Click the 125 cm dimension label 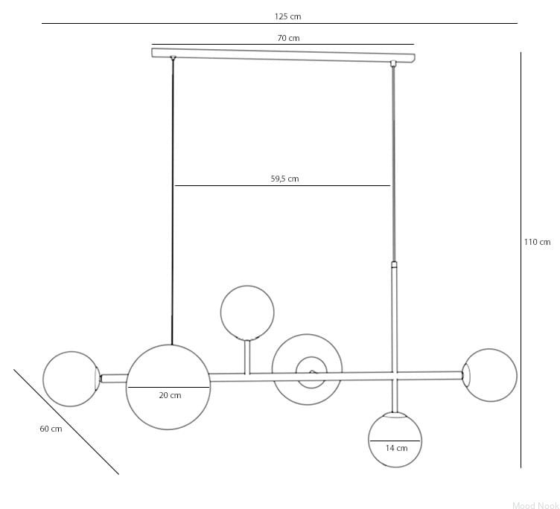[x=287, y=16]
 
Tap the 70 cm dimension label [x=288, y=38]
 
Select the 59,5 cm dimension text [x=284, y=179]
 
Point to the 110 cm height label [x=537, y=242]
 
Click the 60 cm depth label [x=51, y=429]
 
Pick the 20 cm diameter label [x=170, y=395]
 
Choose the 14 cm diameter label [x=396, y=448]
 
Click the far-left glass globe [x=43, y=379]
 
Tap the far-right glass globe [x=517, y=376]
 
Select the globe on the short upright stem [x=220, y=313]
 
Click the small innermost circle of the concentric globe [x=296, y=372]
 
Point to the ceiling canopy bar [x=284, y=54]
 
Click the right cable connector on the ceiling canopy [x=393, y=63]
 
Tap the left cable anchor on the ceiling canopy [x=174, y=57]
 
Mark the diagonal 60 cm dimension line [x=66, y=422]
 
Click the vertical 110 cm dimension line [x=521, y=260]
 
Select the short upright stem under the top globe [x=247, y=357]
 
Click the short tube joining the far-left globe [x=114, y=378]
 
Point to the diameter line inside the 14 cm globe [x=395, y=441]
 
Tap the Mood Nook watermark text [x=535, y=505]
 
